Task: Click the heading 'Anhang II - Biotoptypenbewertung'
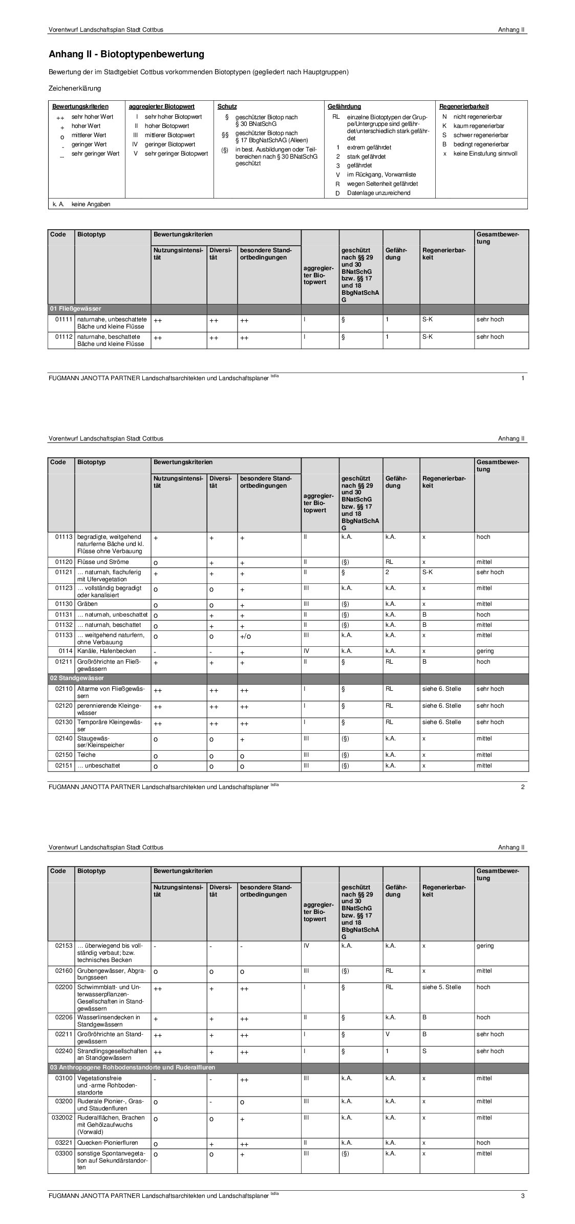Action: point(126,54)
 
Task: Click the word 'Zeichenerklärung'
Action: point(75,89)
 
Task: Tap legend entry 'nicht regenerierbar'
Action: point(477,117)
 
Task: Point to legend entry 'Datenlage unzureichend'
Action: point(378,193)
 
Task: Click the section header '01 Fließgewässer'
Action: point(76,309)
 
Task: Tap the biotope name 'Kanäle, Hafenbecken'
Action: point(107,651)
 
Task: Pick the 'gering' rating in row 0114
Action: point(485,651)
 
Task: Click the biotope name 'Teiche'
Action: point(87,755)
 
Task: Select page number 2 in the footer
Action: point(522,787)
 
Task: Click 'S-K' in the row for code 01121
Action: point(427,572)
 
